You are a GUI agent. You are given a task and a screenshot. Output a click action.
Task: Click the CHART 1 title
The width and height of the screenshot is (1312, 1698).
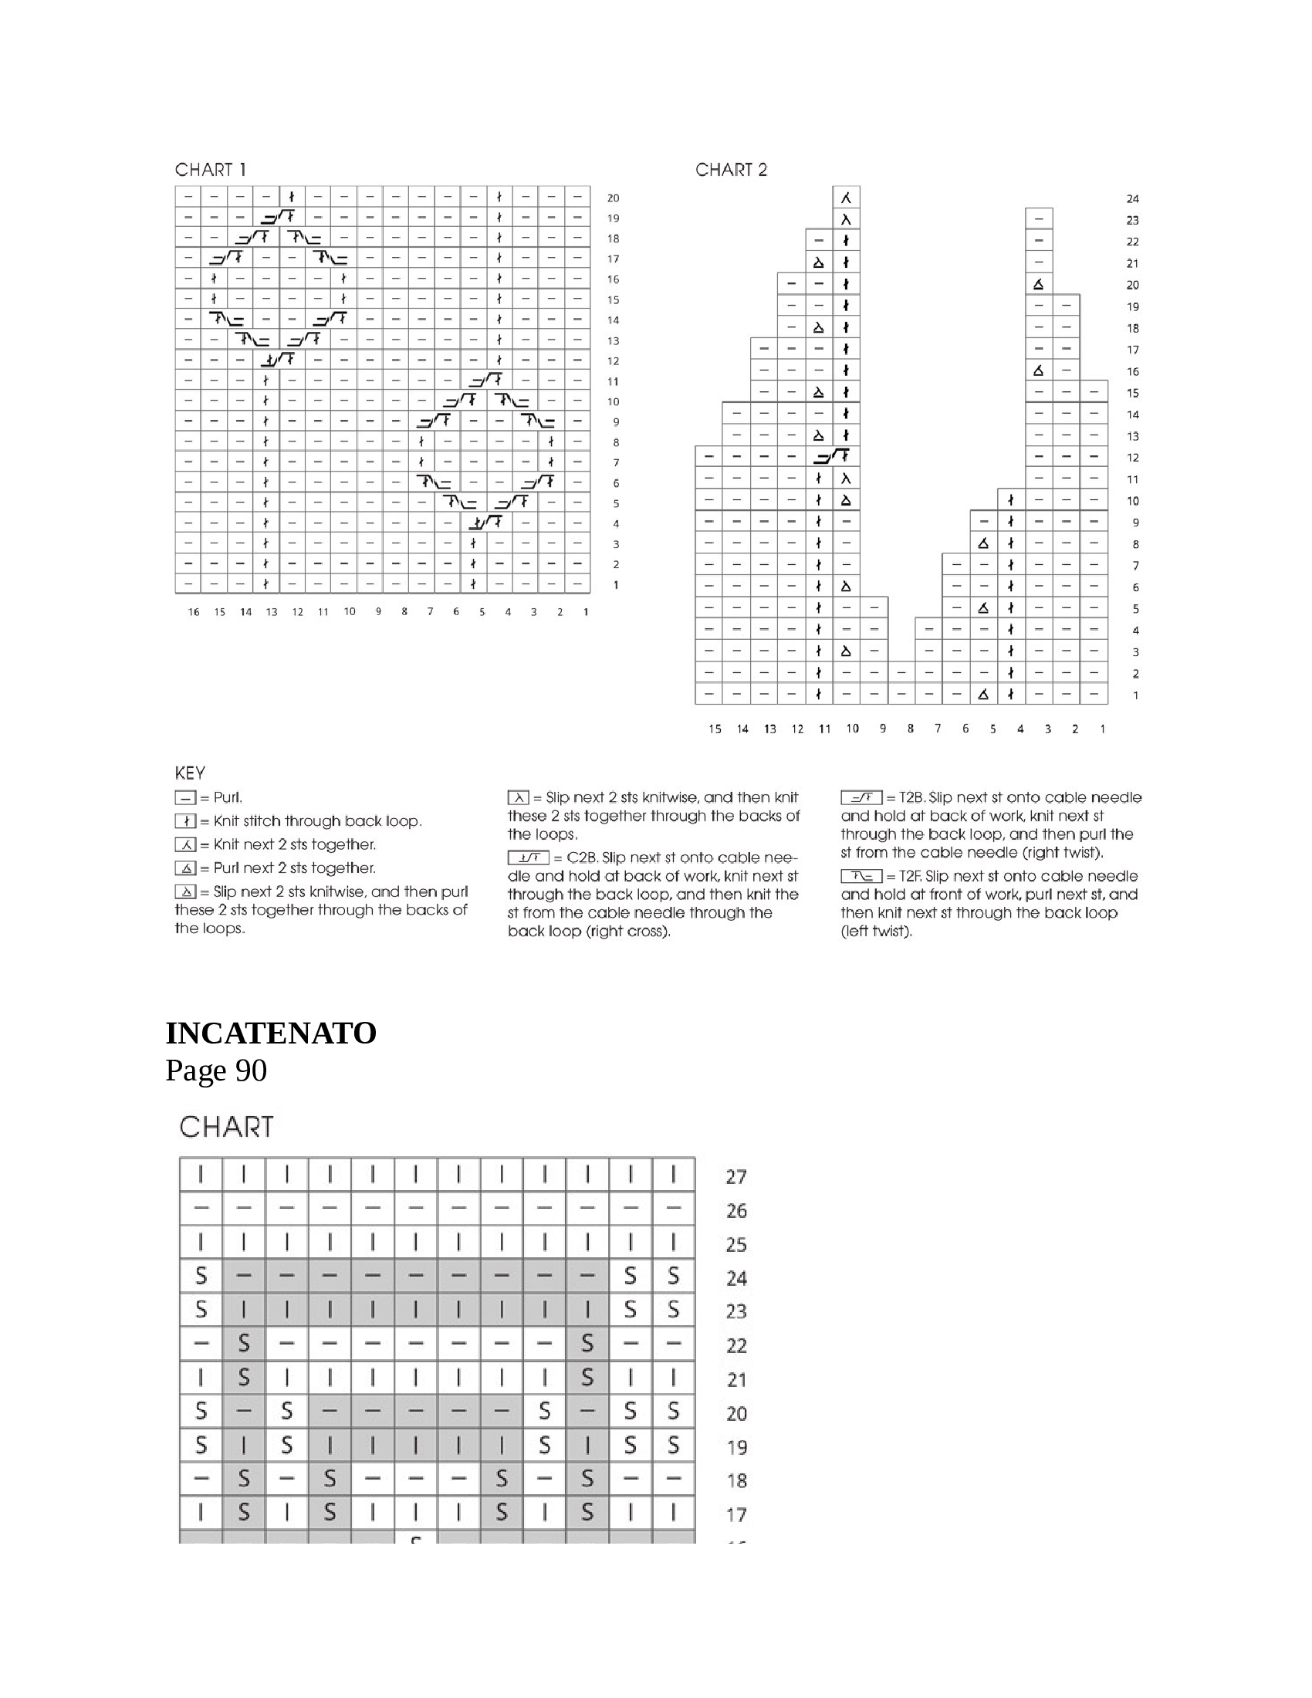click(210, 170)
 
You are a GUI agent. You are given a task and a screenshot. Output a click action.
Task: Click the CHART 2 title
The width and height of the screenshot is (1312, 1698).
click(731, 170)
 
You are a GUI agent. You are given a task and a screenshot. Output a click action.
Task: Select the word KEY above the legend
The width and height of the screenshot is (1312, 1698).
click(190, 773)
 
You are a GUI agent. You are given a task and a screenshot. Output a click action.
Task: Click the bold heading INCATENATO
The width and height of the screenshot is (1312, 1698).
click(270, 1033)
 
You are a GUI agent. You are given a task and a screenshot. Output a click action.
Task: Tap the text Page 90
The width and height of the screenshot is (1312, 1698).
click(216, 1071)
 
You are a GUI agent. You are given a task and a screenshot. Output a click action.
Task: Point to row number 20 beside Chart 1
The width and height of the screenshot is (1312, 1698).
click(614, 198)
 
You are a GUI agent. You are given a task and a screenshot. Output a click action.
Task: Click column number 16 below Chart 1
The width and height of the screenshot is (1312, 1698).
click(194, 612)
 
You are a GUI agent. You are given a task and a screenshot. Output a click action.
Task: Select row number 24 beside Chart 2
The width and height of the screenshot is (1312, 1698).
click(1132, 199)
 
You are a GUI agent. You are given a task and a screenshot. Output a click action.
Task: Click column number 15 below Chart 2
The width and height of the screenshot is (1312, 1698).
click(715, 729)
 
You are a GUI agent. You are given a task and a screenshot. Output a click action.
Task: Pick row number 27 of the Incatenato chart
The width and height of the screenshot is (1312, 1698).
click(736, 1177)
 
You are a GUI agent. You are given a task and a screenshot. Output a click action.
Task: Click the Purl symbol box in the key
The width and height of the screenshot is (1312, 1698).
click(185, 798)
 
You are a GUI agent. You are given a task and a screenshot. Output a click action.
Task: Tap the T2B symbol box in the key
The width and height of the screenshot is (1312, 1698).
click(861, 798)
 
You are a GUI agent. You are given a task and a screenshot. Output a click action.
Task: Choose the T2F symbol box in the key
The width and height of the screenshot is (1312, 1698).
click(861, 876)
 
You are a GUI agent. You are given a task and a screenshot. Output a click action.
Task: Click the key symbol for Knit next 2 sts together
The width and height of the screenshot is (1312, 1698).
click(185, 845)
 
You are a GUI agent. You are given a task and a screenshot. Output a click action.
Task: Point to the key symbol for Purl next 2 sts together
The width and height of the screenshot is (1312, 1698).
click(185, 868)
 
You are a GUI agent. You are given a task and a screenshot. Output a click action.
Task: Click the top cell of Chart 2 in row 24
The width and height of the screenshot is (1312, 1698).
click(847, 198)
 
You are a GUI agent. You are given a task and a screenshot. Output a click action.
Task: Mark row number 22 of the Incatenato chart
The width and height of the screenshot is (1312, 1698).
click(736, 1346)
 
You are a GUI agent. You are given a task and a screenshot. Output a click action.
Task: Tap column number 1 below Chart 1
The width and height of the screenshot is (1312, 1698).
click(585, 612)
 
